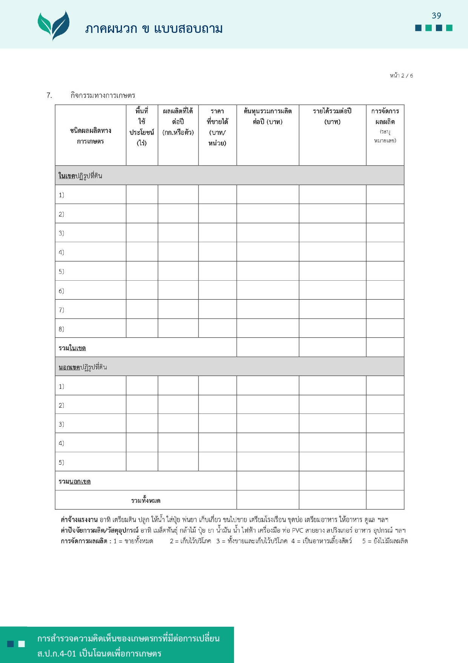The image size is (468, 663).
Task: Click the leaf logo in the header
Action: coord(54,25)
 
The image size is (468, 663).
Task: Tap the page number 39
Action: coord(436,15)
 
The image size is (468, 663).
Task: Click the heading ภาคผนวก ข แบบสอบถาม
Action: coord(154,29)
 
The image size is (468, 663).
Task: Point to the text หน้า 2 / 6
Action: coord(401,76)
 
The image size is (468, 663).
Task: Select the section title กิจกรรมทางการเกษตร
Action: coord(103,95)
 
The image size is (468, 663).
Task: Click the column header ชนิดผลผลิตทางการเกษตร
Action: coord(91,136)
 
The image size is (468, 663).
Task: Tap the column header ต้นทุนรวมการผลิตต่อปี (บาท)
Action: coord(268,116)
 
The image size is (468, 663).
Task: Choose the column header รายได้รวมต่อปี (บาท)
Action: coord(332,116)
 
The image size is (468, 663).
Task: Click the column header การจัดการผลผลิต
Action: coord(385,116)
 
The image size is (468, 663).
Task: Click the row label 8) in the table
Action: coord(62,329)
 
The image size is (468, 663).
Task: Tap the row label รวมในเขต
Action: coord(72,348)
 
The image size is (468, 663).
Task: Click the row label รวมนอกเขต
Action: coord(75,481)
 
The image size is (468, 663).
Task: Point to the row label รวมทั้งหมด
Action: coord(146,501)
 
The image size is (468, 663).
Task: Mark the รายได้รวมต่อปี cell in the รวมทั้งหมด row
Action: coord(332,500)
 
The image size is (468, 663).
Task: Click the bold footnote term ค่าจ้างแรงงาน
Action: coord(79,520)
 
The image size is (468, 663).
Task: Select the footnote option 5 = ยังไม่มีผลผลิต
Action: coord(385,541)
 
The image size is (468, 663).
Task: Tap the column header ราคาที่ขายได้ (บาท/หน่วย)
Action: coord(217,127)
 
